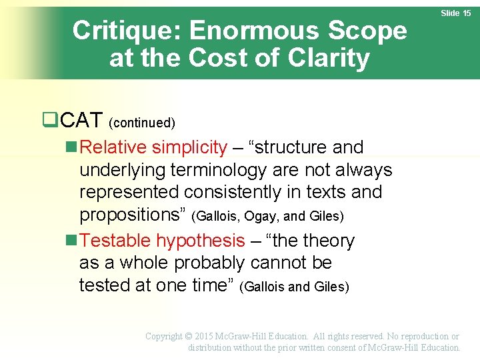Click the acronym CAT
(81, 121)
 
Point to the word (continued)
(141, 123)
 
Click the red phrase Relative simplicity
(153, 147)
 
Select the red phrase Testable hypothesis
(162, 241)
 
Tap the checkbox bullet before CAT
(49, 121)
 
